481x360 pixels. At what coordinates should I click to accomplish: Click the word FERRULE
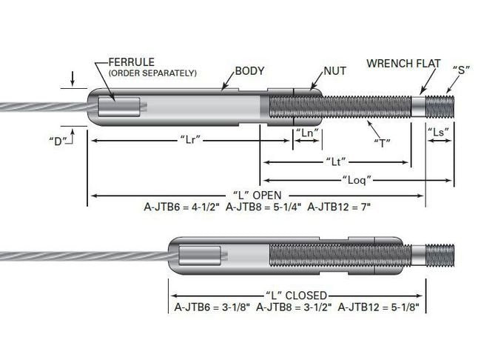pos(132,62)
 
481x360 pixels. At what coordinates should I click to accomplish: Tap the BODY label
pos(249,71)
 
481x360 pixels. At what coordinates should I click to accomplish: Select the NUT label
pos(335,71)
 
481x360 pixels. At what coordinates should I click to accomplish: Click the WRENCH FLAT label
pos(403,64)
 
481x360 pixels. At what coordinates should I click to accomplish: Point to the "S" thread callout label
pos(461,70)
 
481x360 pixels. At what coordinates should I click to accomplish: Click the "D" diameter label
pos(58,141)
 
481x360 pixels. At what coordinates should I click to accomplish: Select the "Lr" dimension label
pos(190,140)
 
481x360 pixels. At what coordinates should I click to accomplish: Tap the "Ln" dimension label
pos(307,133)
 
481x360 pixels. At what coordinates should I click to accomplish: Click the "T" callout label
pos(383,143)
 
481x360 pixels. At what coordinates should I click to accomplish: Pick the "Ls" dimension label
pos(438,133)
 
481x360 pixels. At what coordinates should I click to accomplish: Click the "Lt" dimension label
pos(336,161)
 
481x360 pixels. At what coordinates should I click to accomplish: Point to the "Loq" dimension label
pos(357,179)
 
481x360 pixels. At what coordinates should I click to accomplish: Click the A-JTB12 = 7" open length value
pos(339,207)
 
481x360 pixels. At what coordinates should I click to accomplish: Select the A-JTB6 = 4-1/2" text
pos(182,207)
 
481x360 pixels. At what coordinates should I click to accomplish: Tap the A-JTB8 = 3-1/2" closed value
pos(294,307)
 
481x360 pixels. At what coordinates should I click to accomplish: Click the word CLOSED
pos(306,296)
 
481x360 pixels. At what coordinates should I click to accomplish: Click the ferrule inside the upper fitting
pos(119,107)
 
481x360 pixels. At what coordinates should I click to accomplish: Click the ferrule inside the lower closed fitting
pos(200,256)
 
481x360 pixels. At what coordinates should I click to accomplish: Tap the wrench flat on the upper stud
pos(418,107)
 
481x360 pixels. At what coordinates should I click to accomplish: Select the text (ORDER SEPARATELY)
pos(152,73)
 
